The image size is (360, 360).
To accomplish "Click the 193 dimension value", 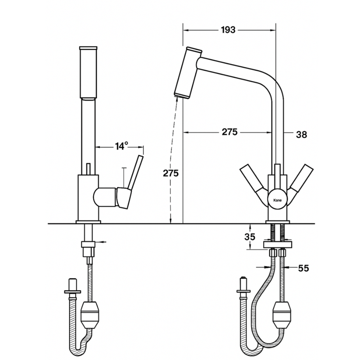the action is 228,30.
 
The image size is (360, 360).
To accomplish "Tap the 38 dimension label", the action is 301,135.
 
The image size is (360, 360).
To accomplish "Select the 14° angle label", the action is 121,146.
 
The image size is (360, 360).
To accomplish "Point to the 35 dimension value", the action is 250,237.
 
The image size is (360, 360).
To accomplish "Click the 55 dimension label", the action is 303,268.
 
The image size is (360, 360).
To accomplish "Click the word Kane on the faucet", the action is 277,200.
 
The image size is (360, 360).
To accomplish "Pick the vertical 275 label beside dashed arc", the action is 171,173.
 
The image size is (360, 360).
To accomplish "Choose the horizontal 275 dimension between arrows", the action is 229,132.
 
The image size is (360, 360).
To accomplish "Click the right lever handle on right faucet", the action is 300,181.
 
